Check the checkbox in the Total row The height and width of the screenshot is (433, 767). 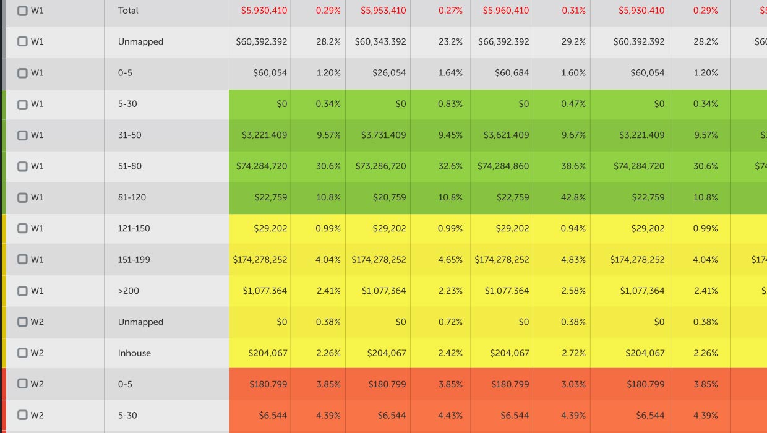tap(22, 11)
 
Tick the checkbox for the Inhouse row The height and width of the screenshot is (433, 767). tap(22, 353)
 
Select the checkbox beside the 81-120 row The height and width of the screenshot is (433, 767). tap(22, 197)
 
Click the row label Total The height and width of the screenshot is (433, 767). tap(128, 11)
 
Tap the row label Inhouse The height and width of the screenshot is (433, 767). tap(134, 353)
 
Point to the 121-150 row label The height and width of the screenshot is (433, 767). tap(134, 228)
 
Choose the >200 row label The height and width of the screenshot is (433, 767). tap(128, 291)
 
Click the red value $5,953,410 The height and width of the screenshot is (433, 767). tap(383, 11)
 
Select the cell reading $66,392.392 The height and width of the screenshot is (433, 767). tap(503, 41)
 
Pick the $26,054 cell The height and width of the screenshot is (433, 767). tap(389, 73)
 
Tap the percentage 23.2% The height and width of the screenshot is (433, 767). tap(450, 41)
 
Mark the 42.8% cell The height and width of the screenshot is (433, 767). tap(573, 197)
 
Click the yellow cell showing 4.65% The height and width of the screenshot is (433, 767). tap(450, 260)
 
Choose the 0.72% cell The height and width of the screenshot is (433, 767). tap(450, 322)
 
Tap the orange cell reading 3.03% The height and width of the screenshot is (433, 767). tap(573, 384)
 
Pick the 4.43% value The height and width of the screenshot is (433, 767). tap(450, 415)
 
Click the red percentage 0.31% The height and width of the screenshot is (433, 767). tap(573, 11)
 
